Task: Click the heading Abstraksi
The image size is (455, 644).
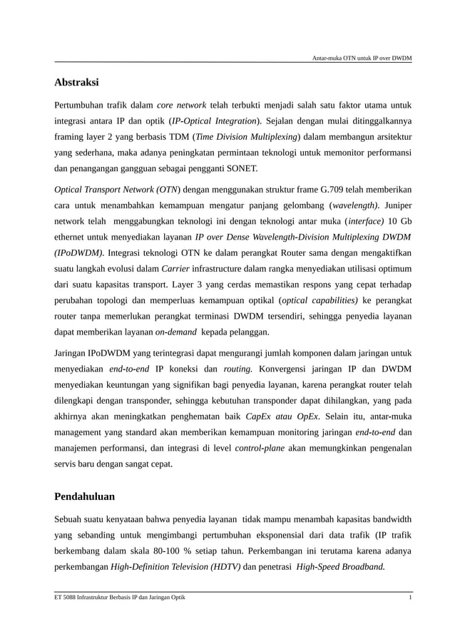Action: (76, 82)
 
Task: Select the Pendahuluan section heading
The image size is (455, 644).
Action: (84, 496)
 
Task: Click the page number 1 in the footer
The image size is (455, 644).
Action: (409, 597)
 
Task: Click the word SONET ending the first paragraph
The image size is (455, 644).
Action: (242, 169)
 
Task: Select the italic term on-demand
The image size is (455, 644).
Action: (176, 332)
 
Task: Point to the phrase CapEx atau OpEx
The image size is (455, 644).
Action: (282, 416)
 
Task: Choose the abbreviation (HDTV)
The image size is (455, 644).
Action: (223, 567)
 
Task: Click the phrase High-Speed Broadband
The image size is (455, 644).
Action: (340, 567)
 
